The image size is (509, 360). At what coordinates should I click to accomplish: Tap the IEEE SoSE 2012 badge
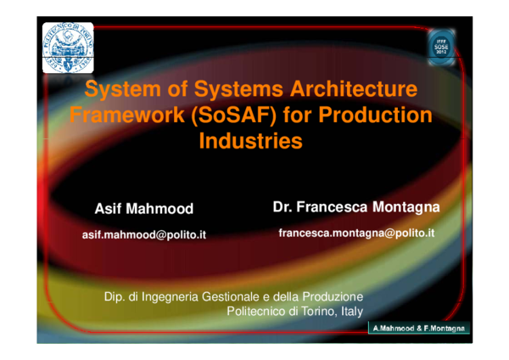[x=441, y=46]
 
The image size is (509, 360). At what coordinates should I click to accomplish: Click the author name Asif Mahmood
[x=143, y=208]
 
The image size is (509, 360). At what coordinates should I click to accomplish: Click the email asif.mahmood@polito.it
[x=143, y=233]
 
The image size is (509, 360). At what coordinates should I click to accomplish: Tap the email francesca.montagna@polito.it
[x=355, y=232]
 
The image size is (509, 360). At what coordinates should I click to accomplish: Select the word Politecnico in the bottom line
[x=260, y=312]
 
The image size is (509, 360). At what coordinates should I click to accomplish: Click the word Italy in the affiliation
[x=350, y=312]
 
